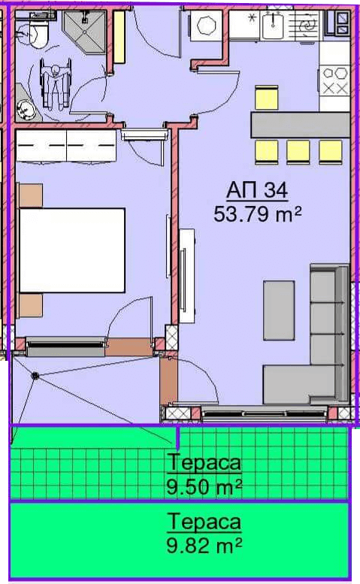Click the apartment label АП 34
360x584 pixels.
click(x=257, y=191)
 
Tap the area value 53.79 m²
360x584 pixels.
click(x=257, y=214)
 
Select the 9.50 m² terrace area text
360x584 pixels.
click(x=204, y=486)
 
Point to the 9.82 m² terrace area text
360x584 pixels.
click(x=204, y=546)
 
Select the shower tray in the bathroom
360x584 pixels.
click(x=85, y=31)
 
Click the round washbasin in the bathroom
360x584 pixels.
click(x=26, y=110)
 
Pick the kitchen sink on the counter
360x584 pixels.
click(x=273, y=25)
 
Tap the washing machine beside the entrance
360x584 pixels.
click(x=206, y=26)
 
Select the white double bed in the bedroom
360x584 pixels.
click(x=72, y=250)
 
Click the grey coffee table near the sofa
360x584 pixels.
click(x=279, y=310)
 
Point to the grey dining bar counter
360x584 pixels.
click(x=300, y=125)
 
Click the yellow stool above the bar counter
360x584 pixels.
click(x=267, y=98)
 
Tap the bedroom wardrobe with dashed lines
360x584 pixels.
click(x=66, y=145)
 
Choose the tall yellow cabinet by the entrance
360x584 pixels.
click(x=119, y=37)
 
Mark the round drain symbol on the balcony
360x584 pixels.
click(x=36, y=376)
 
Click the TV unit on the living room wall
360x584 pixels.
click(x=186, y=277)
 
